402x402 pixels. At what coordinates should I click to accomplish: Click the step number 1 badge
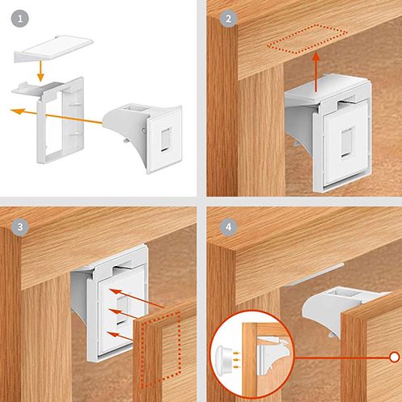tap(20, 19)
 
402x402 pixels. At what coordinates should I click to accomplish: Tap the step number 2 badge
tap(229, 19)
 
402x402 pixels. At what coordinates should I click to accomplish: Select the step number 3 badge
tap(20, 227)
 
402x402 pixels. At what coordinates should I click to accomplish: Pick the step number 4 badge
tap(229, 227)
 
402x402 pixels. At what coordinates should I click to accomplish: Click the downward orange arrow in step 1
tap(40, 70)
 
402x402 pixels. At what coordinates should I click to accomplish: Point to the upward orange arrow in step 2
tap(316, 72)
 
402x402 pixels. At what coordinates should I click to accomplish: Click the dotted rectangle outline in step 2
tap(307, 39)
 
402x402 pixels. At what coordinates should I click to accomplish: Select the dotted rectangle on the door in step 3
tap(161, 349)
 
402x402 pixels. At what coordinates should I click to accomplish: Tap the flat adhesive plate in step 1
tap(54, 49)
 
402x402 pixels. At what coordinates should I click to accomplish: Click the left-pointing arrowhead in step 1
tap(17, 111)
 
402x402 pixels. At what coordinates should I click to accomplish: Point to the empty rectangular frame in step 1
tap(61, 121)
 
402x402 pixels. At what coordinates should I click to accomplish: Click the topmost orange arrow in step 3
tap(137, 298)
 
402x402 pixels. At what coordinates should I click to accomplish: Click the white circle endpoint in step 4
tap(395, 358)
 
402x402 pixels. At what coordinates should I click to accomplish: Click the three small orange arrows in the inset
tap(236, 360)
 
